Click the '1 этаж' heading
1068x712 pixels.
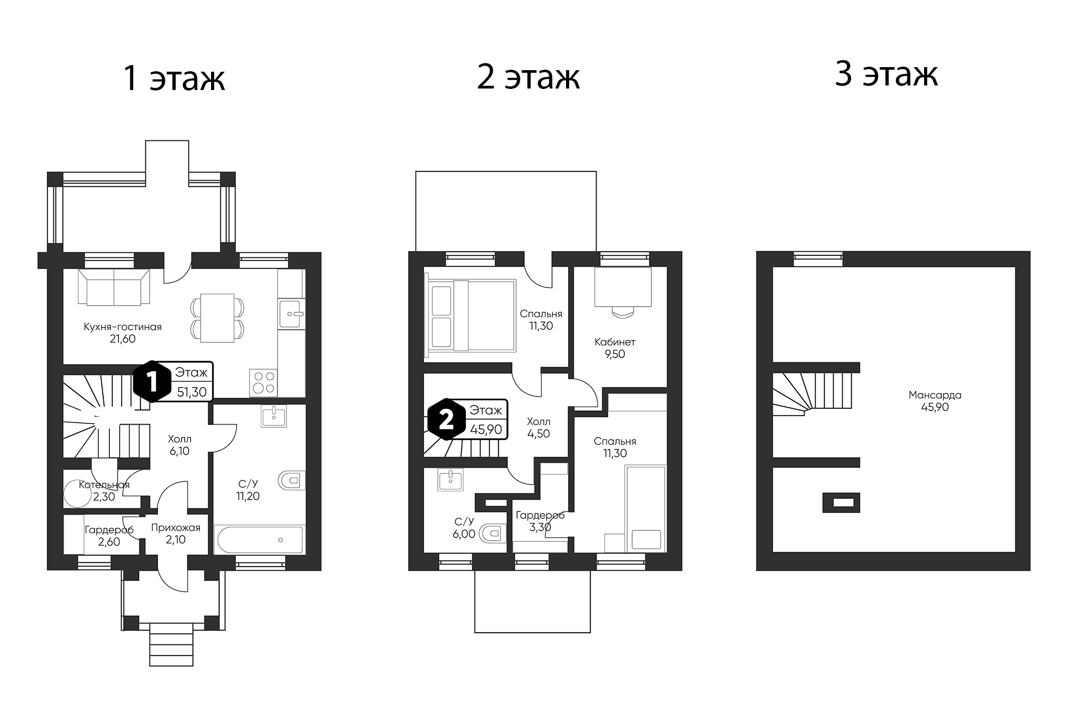pos(174,79)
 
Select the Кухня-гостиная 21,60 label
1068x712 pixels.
pos(123,333)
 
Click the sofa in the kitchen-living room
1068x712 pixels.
pos(114,287)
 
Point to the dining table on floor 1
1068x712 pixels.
pos(217,317)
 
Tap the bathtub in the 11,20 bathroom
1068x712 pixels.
pos(259,540)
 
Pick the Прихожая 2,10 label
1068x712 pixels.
pos(175,533)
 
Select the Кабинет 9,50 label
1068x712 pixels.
pos(615,348)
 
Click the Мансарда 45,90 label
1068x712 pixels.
pos(935,401)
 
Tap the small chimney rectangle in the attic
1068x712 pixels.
pos(841,502)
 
